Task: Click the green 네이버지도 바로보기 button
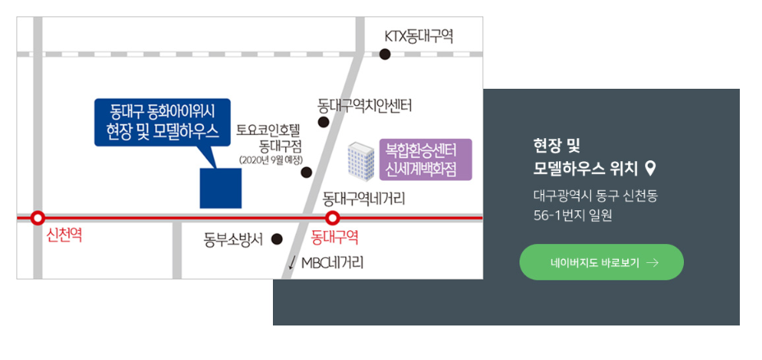tap(601, 262)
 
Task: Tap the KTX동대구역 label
tap(419, 36)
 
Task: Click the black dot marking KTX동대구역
tap(385, 54)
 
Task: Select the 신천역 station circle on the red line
tap(37, 218)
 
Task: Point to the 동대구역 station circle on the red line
tap(332, 218)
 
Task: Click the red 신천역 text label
tap(65, 236)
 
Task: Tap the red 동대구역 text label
tap(335, 238)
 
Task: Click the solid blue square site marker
tap(221, 188)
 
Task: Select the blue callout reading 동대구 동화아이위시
tap(163, 122)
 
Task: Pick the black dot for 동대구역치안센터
tap(323, 122)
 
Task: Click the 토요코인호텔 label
tap(270, 129)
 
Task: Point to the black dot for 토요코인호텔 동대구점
tap(307, 173)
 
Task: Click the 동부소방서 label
tap(233, 240)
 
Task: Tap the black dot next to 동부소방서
tap(277, 239)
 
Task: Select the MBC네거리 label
tap(332, 263)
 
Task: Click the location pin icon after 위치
tap(650, 168)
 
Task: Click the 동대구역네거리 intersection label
tap(364, 198)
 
